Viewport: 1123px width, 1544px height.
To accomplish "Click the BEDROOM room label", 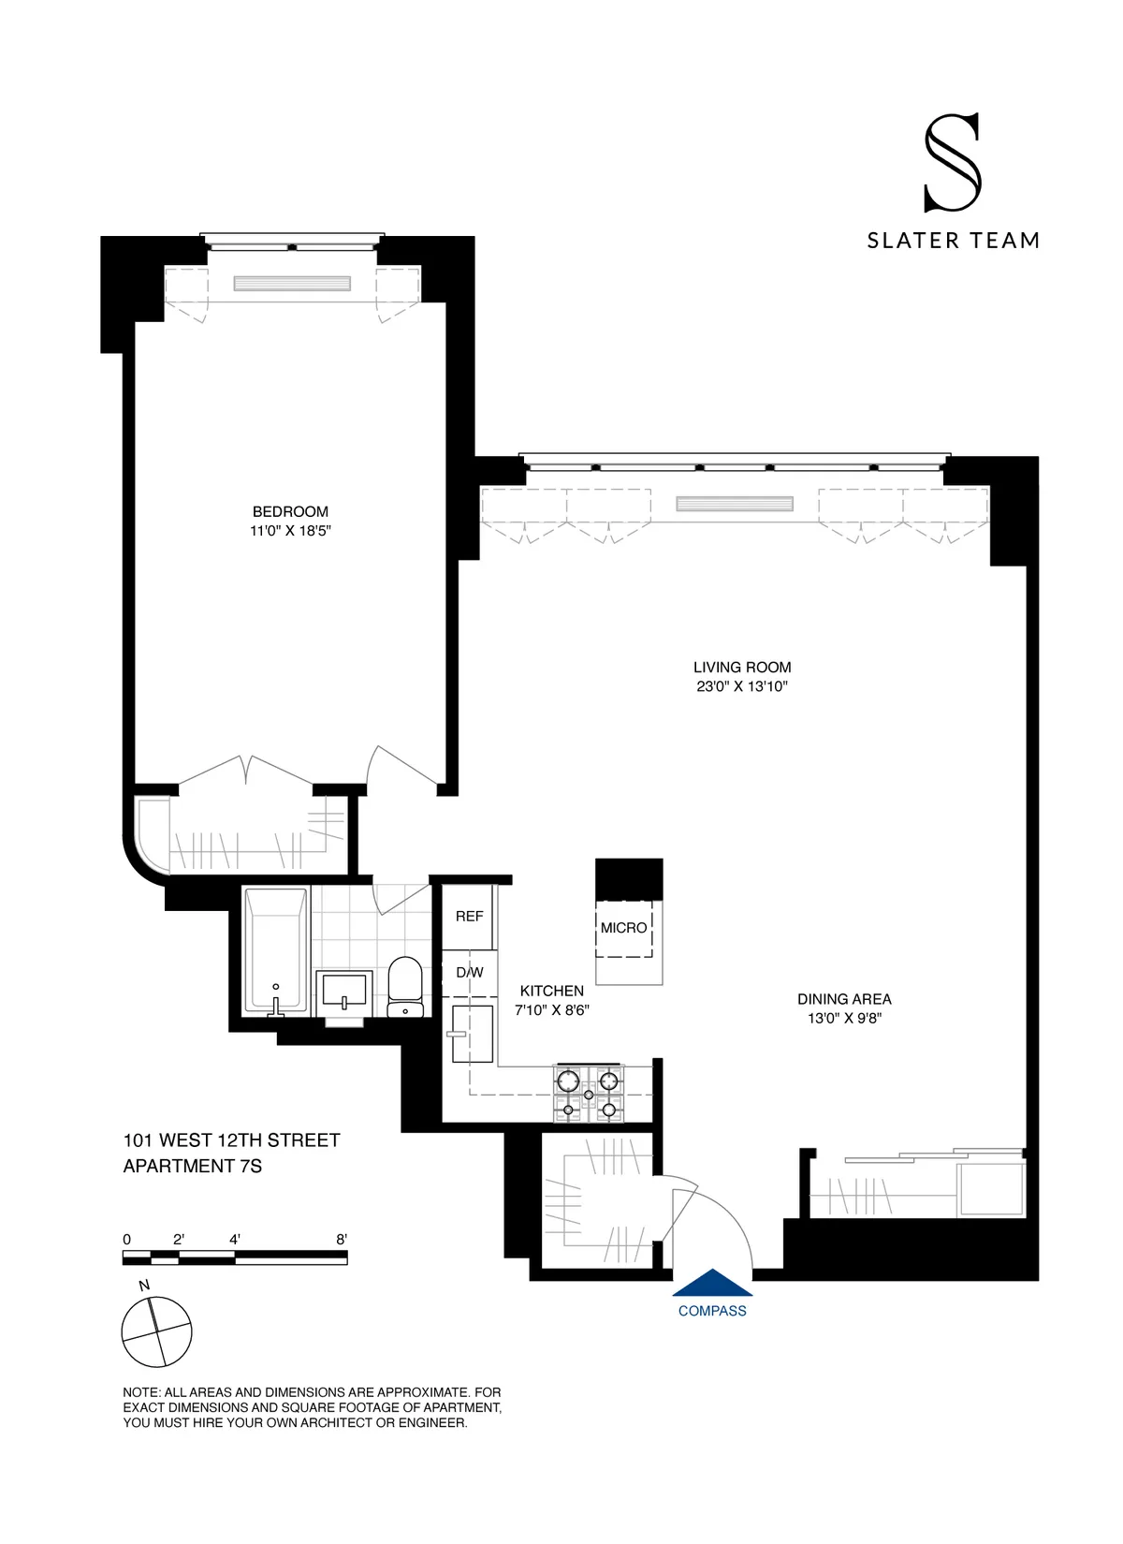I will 290,511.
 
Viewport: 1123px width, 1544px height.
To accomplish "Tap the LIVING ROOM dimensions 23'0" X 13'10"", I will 741,686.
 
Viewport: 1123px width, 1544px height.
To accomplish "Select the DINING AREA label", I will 844,999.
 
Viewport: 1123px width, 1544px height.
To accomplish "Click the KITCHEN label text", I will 551,991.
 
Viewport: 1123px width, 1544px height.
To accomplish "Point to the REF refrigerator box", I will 469,917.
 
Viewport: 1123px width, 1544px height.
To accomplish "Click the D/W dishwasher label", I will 469,973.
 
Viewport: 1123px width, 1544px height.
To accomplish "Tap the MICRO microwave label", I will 624,928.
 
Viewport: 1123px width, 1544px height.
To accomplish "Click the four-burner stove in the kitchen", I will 589,1094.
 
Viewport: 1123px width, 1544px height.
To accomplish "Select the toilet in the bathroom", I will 405,986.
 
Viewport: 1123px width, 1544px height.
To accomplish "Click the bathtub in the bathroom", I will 276,950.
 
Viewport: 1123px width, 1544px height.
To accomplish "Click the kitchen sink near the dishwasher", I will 473,1034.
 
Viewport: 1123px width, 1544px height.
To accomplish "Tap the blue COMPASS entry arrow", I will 712,1283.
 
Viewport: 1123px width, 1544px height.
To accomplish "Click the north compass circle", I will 157,1331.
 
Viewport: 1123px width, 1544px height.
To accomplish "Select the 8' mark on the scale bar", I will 342,1240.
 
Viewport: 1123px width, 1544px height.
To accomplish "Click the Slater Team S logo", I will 952,163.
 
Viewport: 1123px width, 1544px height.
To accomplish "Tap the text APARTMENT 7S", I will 193,1166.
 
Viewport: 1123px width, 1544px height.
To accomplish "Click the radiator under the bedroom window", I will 292,283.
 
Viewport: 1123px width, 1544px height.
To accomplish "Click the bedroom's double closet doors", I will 245,772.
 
